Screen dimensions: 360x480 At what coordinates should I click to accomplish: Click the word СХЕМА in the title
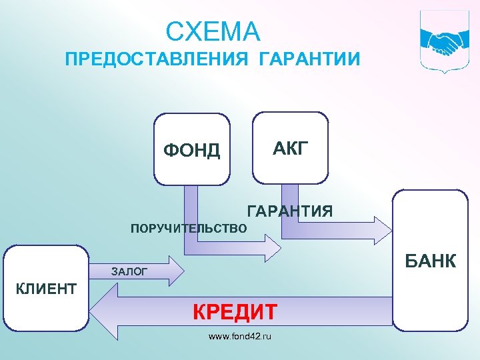point(213,31)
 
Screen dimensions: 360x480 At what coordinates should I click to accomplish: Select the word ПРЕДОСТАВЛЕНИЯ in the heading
point(154,60)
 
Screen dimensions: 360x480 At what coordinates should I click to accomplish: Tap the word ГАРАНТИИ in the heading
point(308,60)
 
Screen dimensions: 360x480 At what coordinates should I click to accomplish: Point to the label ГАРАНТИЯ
point(290,212)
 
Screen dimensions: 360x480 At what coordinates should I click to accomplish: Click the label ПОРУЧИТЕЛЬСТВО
point(189,229)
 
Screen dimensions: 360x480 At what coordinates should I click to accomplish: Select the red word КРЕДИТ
point(235,311)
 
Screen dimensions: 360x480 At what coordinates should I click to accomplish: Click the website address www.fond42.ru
point(240,337)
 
